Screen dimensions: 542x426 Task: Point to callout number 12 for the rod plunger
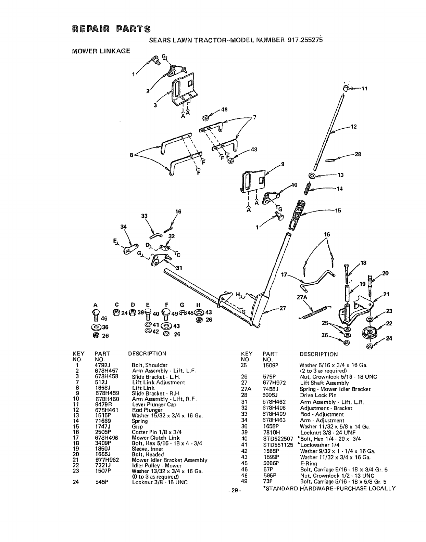[354, 127]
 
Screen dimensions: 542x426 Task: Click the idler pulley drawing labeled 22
[368, 332]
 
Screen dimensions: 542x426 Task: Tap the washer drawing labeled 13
[312, 176]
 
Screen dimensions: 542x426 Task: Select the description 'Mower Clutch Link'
[155, 438]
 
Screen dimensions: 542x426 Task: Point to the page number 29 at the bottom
[234, 490]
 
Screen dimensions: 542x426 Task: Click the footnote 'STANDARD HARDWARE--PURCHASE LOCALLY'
[329, 488]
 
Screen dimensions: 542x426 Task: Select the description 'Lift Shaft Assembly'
[324, 383]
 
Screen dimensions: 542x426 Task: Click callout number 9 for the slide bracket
[283, 164]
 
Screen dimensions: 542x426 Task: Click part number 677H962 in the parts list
[106, 460]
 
